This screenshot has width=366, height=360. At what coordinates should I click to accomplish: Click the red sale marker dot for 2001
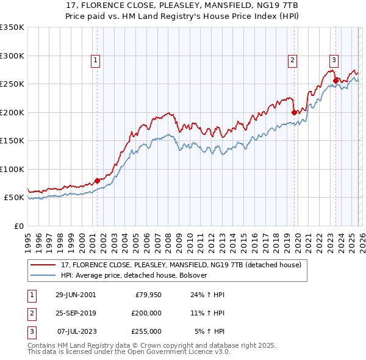(x=97, y=181)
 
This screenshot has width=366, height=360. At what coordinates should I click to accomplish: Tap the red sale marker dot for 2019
(x=293, y=112)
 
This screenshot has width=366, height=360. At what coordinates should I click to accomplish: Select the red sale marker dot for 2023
(x=335, y=81)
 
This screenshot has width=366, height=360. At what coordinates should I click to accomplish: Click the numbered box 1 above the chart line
(x=96, y=60)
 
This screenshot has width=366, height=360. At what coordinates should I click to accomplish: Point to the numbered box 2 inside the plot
(x=293, y=60)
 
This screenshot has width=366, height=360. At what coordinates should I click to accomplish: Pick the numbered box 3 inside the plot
(x=334, y=60)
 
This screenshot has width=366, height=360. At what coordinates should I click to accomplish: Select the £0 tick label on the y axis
(x=18, y=226)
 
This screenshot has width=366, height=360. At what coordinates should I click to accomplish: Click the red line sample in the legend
(x=44, y=265)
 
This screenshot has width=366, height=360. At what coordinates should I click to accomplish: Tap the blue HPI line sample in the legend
(x=44, y=276)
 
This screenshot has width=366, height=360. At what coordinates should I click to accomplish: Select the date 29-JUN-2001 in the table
(x=76, y=294)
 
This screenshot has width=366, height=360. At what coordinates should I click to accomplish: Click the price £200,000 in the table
(x=146, y=312)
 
